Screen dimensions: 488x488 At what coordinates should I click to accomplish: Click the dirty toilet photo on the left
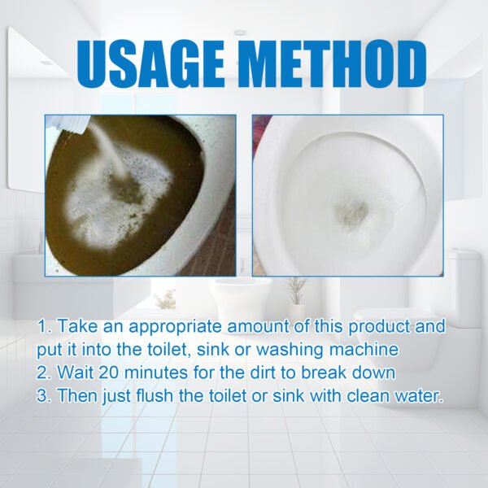coord(139,194)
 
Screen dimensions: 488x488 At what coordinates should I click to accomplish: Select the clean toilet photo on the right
coord(348,194)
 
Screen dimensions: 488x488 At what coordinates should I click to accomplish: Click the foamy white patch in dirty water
coord(122,203)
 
